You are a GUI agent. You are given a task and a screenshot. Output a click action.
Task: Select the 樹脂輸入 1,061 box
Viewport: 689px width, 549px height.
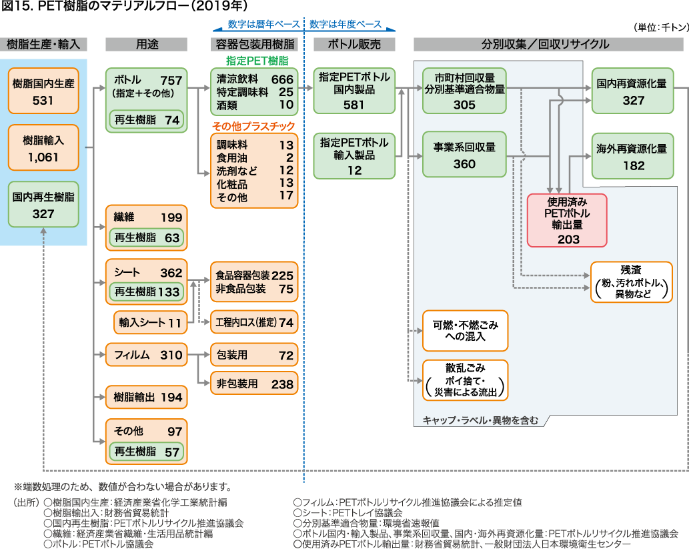[x=43, y=148]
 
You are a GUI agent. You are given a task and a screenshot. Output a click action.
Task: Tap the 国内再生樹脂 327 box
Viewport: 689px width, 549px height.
[x=43, y=205]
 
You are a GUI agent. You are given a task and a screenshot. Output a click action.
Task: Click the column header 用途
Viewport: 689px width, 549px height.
[x=147, y=44]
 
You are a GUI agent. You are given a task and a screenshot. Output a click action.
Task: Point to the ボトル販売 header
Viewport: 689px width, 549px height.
[x=354, y=44]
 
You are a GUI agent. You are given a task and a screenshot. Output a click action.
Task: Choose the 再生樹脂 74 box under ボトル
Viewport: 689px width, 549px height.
[x=147, y=120]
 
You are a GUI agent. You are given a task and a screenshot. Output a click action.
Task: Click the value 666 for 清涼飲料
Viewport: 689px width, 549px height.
[x=281, y=79]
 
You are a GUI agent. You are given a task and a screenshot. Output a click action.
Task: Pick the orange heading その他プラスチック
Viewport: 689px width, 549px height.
[x=253, y=127]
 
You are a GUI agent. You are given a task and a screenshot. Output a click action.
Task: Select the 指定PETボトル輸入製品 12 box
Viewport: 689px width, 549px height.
[x=354, y=156]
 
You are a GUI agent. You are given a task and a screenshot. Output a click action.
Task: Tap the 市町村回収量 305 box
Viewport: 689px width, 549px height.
[x=464, y=89]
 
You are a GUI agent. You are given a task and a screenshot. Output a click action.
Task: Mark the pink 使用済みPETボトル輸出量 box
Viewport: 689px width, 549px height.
[x=567, y=220]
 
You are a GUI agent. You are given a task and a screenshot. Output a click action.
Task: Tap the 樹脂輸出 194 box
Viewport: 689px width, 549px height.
[x=147, y=398]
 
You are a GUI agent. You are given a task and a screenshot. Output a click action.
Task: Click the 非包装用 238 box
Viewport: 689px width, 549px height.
[x=254, y=384]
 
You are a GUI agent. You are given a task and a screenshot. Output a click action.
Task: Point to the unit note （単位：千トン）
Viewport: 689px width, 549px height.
[x=656, y=27]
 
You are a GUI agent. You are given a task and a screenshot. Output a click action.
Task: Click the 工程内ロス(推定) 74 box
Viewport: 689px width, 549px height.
[x=254, y=322]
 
